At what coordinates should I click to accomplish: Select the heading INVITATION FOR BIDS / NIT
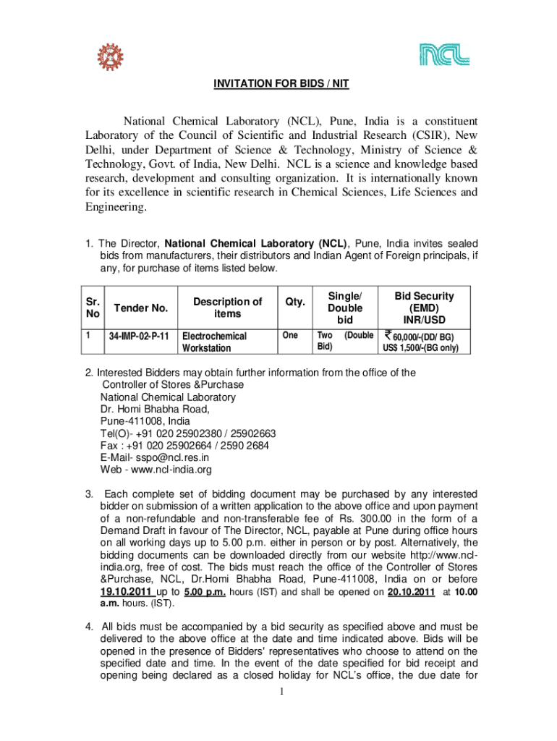click(281, 84)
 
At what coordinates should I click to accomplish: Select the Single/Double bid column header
click(344, 308)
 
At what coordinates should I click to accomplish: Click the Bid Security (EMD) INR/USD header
click(424, 308)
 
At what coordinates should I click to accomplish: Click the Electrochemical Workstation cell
click(214, 342)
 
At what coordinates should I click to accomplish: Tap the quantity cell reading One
click(289, 336)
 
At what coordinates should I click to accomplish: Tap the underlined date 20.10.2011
click(411, 591)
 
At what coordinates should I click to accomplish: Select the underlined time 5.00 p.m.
click(203, 591)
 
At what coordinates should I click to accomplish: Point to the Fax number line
click(184, 446)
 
